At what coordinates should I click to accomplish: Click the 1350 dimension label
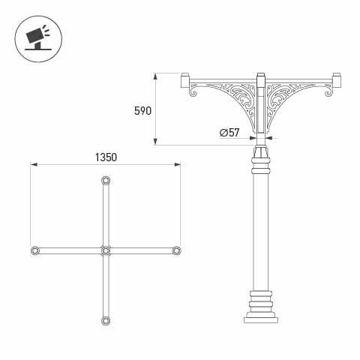point(106,158)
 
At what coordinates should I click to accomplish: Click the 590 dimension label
point(142,110)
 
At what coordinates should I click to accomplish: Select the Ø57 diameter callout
point(229,133)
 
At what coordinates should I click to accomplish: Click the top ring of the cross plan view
point(105,181)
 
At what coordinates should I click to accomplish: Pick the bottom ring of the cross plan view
point(105,320)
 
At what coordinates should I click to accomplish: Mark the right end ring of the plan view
point(176,250)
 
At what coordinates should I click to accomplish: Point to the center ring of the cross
point(105,250)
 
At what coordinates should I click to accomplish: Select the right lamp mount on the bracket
point(337,79)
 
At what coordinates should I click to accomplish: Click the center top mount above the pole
point(261,79)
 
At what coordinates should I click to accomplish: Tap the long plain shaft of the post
point(261,225)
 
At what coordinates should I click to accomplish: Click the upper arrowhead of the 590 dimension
point(156,76)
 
